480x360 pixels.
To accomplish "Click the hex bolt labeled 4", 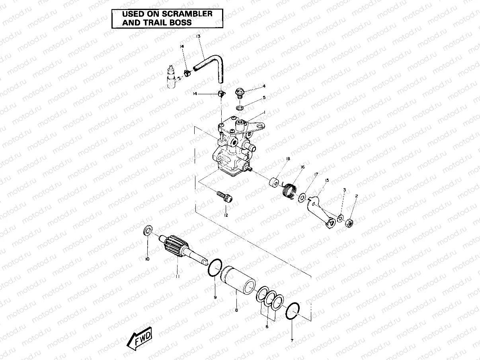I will coord(240,92).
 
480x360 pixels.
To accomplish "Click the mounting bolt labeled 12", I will coord(225,197).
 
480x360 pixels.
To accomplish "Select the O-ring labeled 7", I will coord(293,311).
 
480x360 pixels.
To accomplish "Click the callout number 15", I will coord(327,180).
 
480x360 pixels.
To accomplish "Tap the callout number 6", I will coord(267,327).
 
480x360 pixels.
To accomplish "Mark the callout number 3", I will coord(344,190).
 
